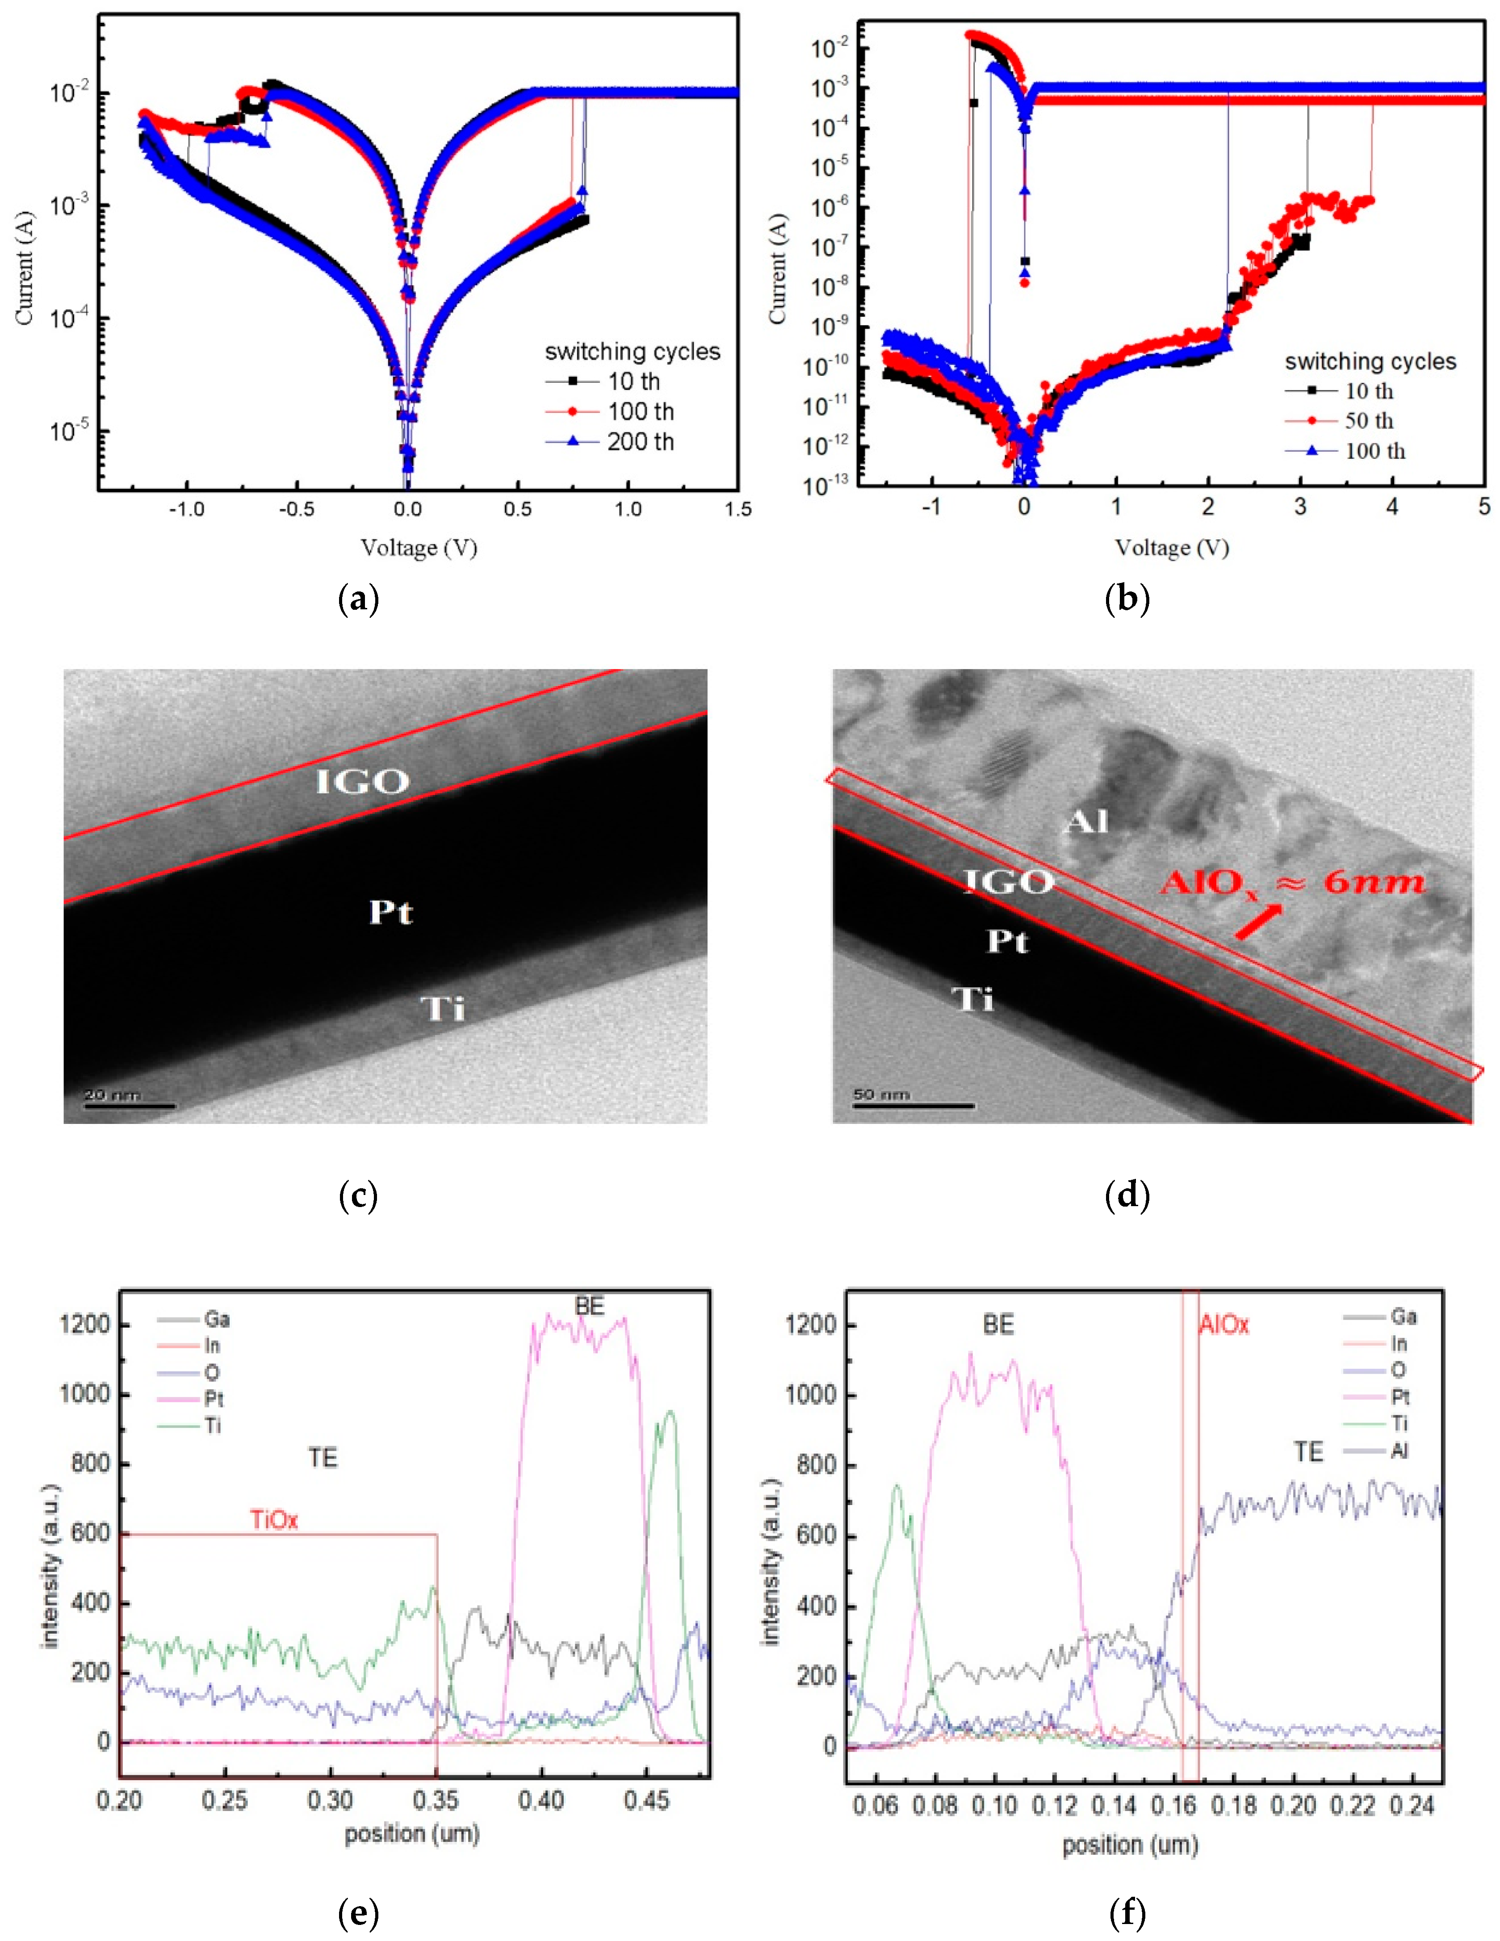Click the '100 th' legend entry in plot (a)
pyautogui.click(x=640, y=411)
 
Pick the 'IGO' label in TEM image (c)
pyautogui.click(x=363, y=782)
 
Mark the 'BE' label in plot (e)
pyautogui.click(x=589, y=1306)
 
